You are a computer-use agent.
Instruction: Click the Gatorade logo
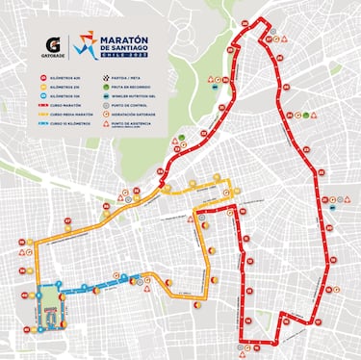[x=56, y=44]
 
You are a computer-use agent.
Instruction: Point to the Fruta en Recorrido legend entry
[x=139, y=87]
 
